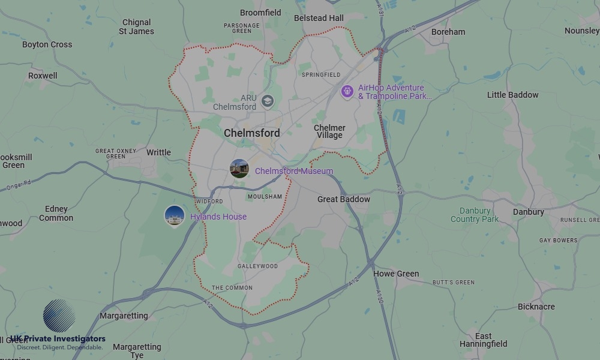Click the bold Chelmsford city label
[251, 133]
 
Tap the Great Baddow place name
[344, 199]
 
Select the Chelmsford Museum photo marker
[239, 169]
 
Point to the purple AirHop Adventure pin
[347, 91]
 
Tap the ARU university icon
[268, 100]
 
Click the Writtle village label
[159, 152]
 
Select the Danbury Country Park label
[475, 215]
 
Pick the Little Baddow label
[512, 95]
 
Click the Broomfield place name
[260, 13]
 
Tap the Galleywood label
[257, 266]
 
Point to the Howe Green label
[396, 274]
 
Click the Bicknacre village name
[536, 307]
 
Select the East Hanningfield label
[483, 340]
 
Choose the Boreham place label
[448, 32]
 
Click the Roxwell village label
[43, 76]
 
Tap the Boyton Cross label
[47, 44]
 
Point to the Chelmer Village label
[329, 131]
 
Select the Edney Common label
[56, 213]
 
